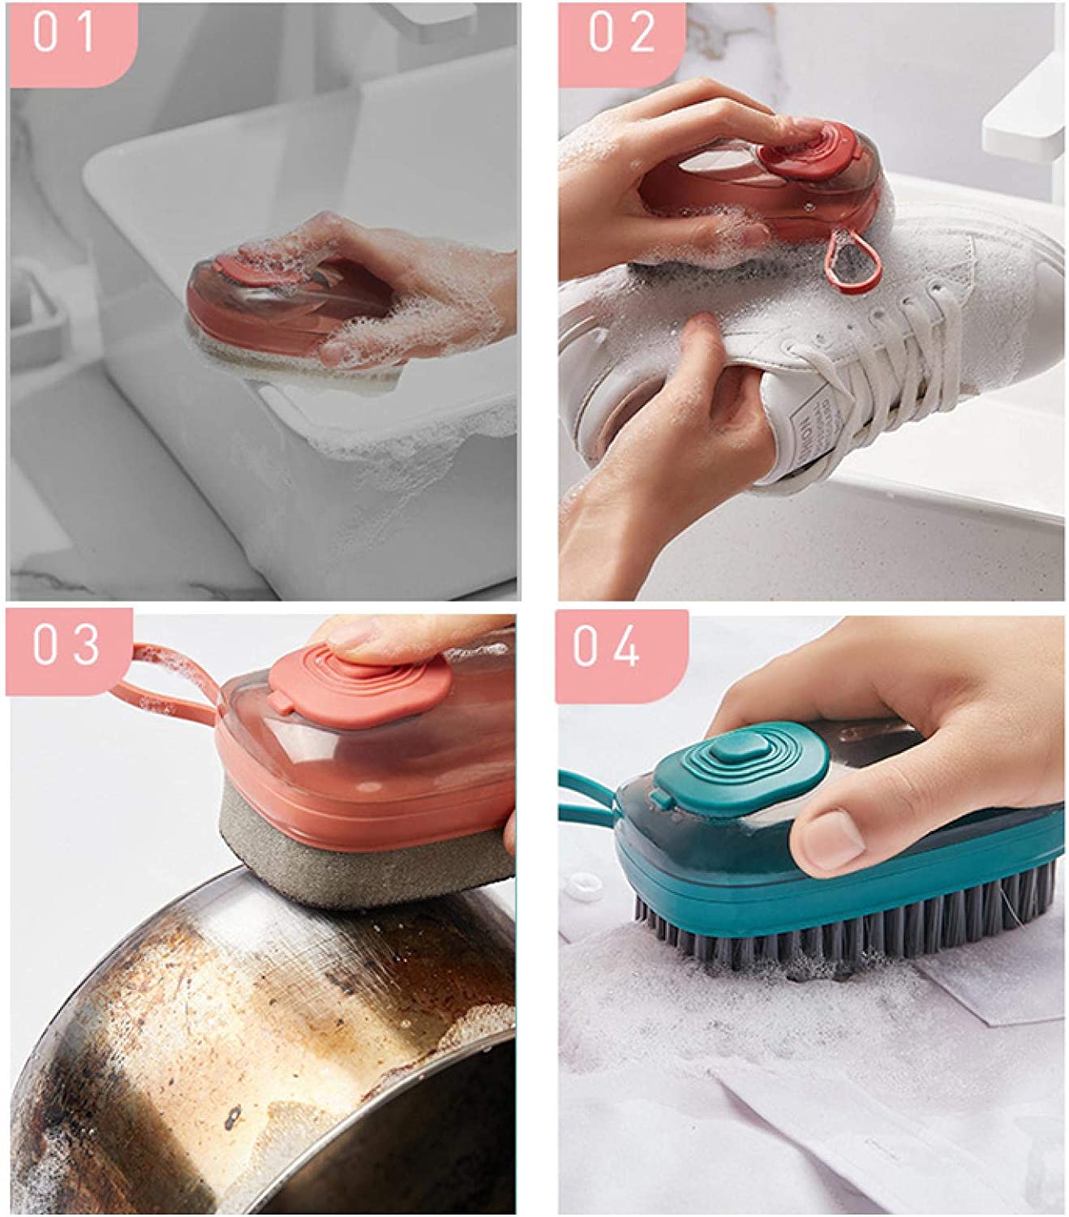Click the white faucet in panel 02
click(x=1024, y=122)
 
